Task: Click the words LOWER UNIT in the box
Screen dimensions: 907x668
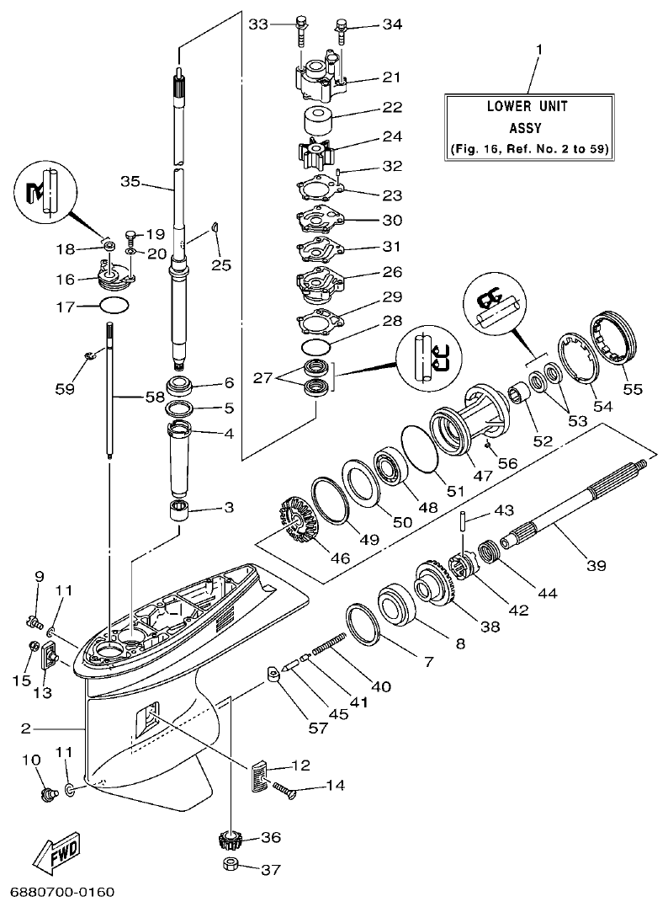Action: click(x=528, y=107)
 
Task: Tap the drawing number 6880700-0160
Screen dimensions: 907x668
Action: click(x=62, y=892)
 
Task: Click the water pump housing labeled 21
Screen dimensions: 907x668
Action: click(x=323, y=79)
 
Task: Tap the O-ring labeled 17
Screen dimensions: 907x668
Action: click(x=114, y=307)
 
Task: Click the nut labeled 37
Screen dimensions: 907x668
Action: click(x=229, y=867)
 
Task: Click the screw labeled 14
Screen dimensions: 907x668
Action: click(x=283, y=788)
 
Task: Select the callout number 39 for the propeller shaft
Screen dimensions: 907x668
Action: click(x=596, y=566)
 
